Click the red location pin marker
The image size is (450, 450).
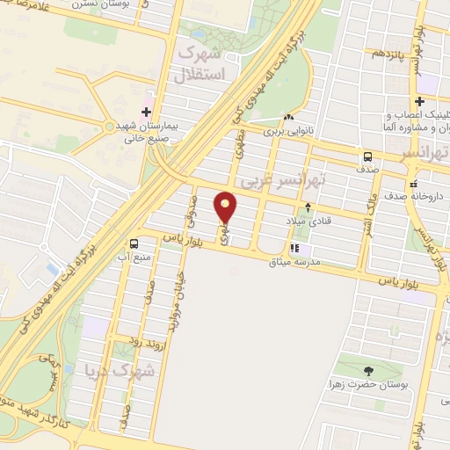point(226,207)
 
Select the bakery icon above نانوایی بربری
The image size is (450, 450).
point(288,117)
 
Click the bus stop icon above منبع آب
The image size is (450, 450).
point(134,243)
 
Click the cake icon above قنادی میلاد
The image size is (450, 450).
point(308,207)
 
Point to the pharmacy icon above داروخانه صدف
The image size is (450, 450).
point(413,185)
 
